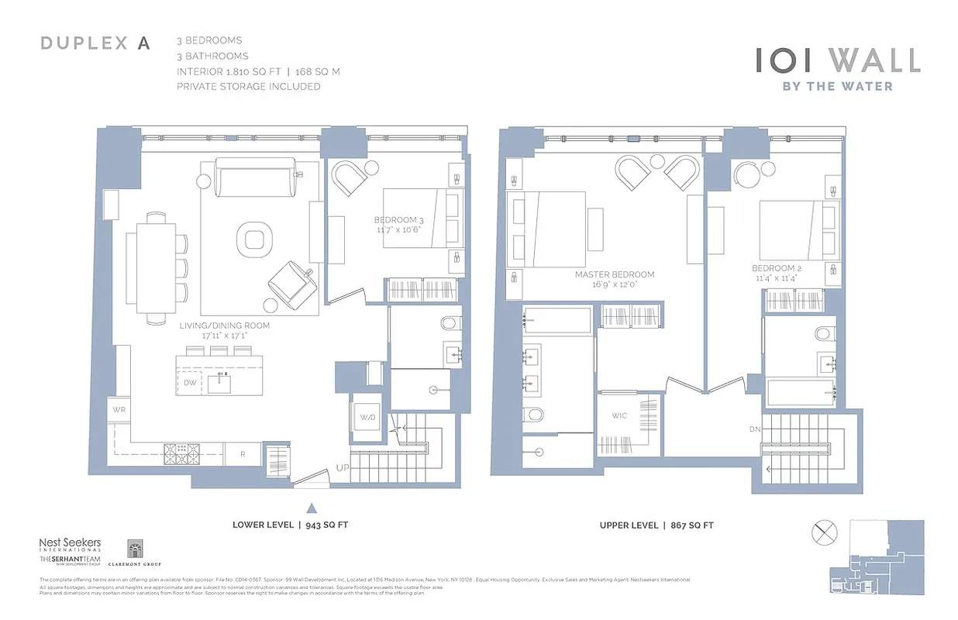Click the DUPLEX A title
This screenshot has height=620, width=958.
tap(95, 43)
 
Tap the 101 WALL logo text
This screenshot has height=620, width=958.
tap(838, 60)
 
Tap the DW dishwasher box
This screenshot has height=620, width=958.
tap(190, 383)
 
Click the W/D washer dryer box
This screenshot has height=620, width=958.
tap(367, 418)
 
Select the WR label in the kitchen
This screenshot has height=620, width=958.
tap(119, 408)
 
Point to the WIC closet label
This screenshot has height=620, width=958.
tap(619, 416)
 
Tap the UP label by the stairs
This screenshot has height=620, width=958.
tap(342, 467)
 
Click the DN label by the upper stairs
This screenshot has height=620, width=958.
tap(755, 429)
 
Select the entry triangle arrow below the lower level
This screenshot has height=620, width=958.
tap(312, 508)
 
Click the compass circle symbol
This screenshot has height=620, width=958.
tap(824, 535)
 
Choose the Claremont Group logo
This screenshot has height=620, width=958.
tap(134, 553)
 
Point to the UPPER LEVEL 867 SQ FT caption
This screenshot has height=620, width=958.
tap(656, 525)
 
